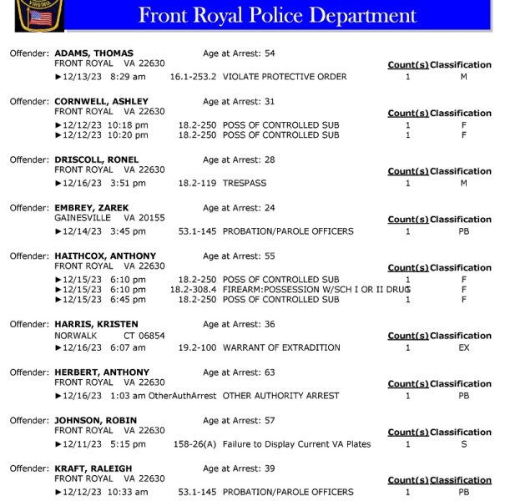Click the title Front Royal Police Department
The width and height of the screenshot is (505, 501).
pos(277,15)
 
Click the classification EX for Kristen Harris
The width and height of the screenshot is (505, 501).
pos(464,347)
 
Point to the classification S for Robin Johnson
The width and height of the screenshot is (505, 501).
pos(464,444)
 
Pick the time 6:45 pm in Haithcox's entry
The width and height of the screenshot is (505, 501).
pos(127,300)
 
